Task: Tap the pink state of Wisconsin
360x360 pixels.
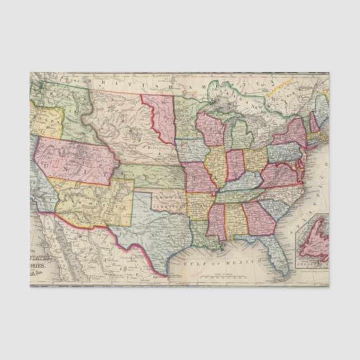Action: click(210, 132)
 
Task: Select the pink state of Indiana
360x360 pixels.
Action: click(235, 164)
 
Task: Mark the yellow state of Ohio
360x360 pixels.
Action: click(255, 159)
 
